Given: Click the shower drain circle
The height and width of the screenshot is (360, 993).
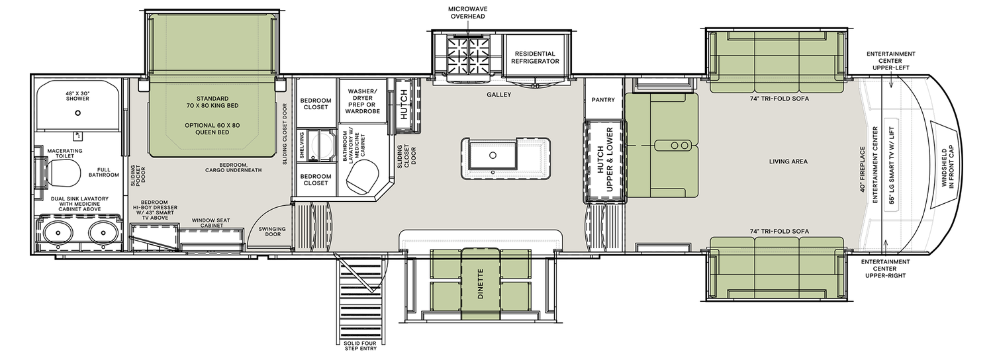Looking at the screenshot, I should [x=77, y=114].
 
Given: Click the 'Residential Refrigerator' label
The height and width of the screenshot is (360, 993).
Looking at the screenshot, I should [x=534, y=58].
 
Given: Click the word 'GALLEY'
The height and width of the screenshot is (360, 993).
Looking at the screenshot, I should [x=499, y=95].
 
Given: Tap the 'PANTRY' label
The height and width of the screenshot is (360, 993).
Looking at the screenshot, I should [x=603, y=100].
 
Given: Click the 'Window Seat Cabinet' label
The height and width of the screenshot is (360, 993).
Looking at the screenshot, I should [x=207, y=222].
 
